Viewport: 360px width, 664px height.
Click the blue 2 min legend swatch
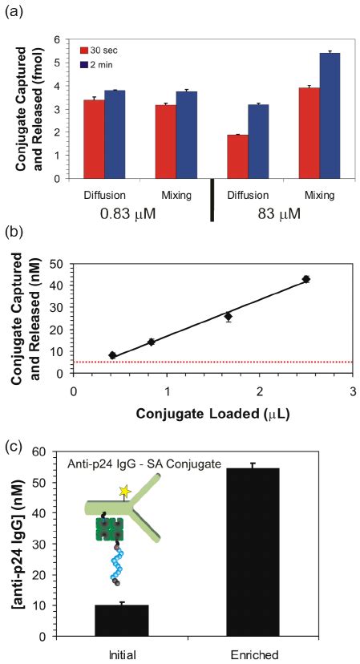click(83, 63)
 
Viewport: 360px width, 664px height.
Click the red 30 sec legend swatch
click(83, 51)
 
